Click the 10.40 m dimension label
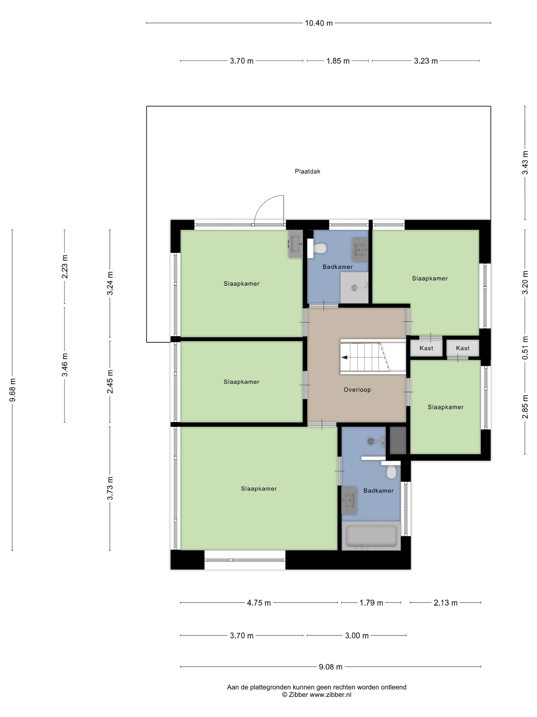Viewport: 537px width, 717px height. [x=319, y=23]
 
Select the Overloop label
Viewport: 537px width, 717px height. [x=357, y=390]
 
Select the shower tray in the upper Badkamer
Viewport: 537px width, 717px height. [x=354, y=288]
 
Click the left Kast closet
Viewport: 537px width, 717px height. [x=426, y=348]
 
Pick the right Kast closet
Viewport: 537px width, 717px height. [x=463, y=348]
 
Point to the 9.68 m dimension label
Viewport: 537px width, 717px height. [x=12, y=390]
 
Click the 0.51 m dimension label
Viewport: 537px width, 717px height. [x=525, y=348]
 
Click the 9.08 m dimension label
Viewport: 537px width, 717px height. [x=330, y=667]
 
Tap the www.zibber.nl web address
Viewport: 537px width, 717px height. [x=330, y=695]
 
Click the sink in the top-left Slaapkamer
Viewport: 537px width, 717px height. [x=296, y=244]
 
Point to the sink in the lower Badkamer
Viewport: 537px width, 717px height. [x=349, y=500]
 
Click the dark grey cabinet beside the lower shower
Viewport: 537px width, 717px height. [x=398, y=440]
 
